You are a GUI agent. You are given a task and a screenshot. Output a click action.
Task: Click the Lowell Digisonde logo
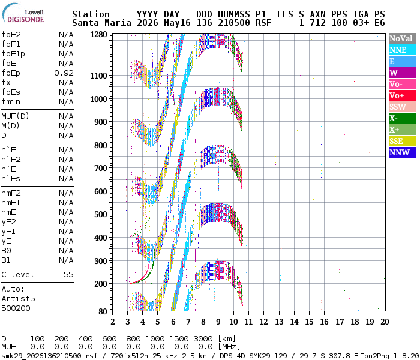tap(23, 13)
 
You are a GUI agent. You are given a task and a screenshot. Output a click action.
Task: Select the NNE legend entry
tap(403, 50)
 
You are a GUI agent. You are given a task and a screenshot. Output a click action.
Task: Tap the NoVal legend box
tap(403, 38)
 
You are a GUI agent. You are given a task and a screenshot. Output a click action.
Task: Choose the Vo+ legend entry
tap(403, 95)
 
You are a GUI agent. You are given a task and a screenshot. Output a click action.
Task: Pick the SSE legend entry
tap(403, 141)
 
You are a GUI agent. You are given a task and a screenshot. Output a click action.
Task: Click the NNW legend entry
tap(403, 152)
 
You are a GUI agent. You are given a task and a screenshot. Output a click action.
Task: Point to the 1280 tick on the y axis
tap(98, 35)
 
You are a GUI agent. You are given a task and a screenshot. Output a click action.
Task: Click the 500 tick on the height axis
tap(101, 214)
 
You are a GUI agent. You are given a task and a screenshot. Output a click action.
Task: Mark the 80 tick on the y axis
tap(103, 311)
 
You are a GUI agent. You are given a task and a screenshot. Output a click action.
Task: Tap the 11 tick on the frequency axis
tap(248, 322)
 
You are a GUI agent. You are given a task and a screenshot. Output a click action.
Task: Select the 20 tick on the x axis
tap(385, 322)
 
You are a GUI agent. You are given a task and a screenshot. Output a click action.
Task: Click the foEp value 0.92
tap(64, 73)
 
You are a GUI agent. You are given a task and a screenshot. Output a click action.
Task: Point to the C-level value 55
tap(68, 275)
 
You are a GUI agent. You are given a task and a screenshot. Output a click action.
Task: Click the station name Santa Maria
tap(102, 23)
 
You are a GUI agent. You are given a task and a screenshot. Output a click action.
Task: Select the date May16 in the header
tap(177, 23)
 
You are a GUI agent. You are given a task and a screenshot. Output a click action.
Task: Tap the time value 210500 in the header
tap(234, 23)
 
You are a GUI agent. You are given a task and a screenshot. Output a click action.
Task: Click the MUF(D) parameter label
tap(15, 116)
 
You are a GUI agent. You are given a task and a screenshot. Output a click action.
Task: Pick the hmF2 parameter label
tap(11, 193)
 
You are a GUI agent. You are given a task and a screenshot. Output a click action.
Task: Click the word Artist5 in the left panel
tap(18, 298)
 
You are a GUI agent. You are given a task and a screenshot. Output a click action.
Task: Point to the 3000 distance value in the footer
tap(203, 339)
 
